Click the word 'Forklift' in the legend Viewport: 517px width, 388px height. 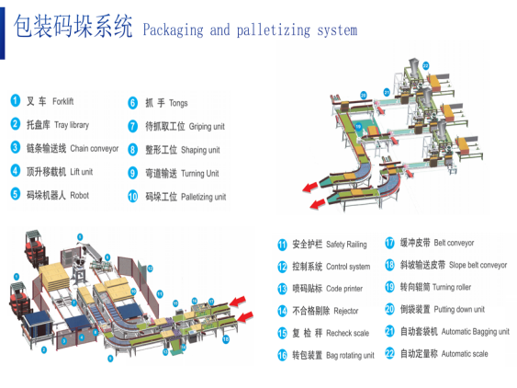63,101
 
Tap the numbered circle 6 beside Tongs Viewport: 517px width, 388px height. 132,103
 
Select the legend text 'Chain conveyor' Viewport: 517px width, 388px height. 95,149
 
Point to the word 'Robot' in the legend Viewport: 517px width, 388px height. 80,196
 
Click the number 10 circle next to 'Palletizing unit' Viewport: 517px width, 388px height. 132,197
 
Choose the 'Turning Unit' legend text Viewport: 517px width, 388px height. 200,174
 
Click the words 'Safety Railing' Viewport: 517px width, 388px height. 346,245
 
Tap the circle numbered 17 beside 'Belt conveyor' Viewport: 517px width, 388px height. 389,243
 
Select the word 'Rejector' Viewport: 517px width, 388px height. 346,311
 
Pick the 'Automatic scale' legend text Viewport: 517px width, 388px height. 465,354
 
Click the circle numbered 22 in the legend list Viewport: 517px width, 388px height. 389,354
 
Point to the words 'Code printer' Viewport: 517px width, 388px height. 344,289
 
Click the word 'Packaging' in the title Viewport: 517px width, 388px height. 174,30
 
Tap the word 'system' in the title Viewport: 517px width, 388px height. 337,30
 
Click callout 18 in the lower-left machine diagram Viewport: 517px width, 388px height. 226,339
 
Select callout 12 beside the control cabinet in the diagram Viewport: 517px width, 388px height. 150,268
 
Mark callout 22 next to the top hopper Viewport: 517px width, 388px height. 426,65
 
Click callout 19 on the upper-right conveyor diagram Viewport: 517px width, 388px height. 358,127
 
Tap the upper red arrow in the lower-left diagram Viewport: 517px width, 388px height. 237,302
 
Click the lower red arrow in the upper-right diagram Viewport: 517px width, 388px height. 318,204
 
